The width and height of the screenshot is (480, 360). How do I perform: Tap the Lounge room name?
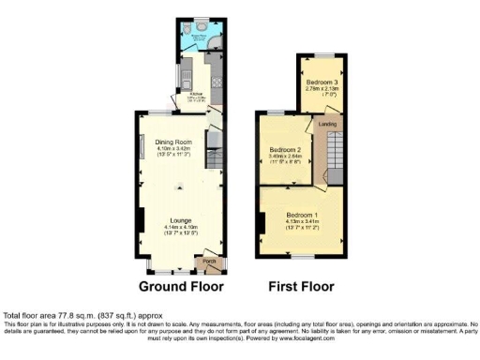pos(181,220)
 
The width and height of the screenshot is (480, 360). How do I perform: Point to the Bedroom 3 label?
pos(322,83)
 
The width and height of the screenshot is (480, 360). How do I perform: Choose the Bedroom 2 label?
pos(285,150)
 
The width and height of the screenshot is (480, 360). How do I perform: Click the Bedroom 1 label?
pos(302,216)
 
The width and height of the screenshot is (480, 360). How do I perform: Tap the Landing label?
pos(327,124)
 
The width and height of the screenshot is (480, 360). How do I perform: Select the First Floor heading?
pos(301,286)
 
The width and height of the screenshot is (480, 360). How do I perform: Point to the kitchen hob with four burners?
pos(218,80)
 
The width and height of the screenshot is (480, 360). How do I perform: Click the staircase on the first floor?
pos(335,155)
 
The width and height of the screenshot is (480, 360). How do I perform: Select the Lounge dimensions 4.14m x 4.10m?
pos(181,228)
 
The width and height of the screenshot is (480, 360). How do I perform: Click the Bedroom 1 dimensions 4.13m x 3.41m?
pos(302,222)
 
